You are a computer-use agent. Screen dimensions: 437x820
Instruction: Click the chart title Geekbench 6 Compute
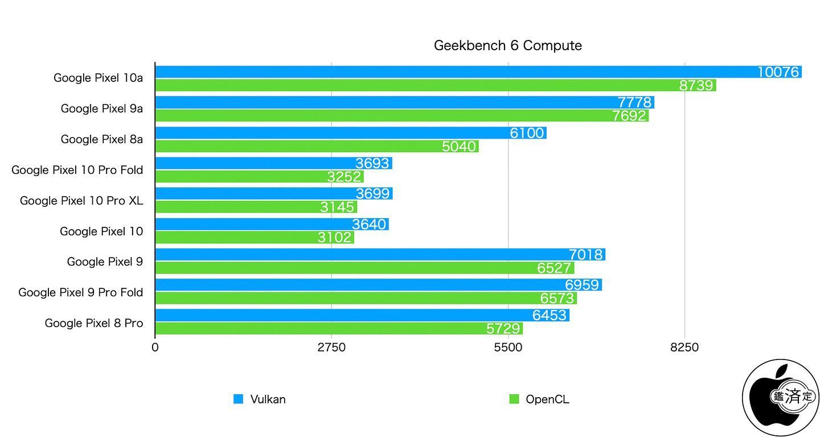pos(507,46)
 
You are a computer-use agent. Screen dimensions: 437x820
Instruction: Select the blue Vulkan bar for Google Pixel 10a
pos(456,72)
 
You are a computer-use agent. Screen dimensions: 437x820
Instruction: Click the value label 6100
pos(527,133)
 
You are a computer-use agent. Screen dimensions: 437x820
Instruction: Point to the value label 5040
pos(458,146)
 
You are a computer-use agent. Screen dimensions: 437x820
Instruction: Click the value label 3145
pos(337,207)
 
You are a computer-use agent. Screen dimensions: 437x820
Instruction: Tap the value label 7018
pos(585,255)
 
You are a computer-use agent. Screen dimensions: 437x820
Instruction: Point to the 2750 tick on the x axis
pos(331,346)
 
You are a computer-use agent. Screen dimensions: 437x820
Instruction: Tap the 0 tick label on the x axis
pos(155,346)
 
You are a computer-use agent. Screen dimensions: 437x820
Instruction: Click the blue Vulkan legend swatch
pos(238,399)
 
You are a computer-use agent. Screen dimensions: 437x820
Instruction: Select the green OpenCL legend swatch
pos(514,399)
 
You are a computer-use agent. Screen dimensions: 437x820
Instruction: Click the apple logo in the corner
pos(781,398)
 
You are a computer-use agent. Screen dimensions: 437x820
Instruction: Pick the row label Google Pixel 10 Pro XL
pos(81,201)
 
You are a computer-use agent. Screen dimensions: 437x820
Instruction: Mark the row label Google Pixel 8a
pos(102,139)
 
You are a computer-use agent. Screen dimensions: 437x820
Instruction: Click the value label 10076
pos(778,72)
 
